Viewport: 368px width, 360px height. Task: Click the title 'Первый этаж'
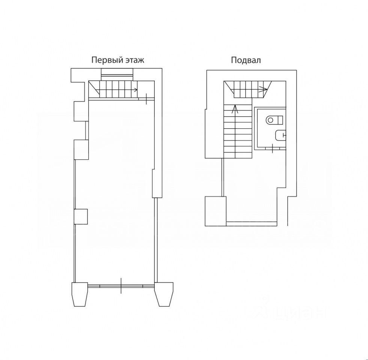[x=118, y=60]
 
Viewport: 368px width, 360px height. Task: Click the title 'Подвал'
[x=246, y=60]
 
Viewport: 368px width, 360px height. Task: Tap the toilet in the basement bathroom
[x=274, y=120]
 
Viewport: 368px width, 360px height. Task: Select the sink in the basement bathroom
[x=281, y=135]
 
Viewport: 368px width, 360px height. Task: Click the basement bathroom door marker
[x=273, y=148]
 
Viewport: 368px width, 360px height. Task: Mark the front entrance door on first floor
[x=121, y=285]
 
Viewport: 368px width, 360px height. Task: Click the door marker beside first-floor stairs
[x=146, y=99]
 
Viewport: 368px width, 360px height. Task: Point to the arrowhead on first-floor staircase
[x=136, y=90]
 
